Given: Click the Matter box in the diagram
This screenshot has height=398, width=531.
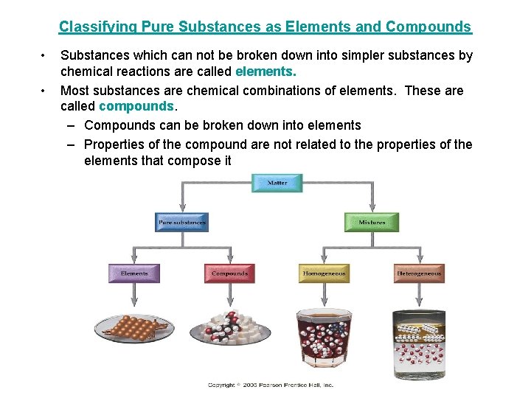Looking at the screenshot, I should point(277,183).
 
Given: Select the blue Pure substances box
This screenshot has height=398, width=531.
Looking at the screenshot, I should point(182,222).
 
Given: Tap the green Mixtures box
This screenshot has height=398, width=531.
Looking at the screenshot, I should point(372,222).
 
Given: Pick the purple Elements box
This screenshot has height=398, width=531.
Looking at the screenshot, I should point(134,273).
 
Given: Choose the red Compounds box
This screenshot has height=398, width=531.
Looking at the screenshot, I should point(229,273).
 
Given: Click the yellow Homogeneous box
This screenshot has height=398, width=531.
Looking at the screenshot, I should point(324,273).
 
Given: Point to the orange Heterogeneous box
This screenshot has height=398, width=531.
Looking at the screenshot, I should point(419,273).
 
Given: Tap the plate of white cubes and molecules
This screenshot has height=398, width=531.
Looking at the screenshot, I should point(229,332).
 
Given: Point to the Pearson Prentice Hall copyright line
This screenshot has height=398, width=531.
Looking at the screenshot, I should point(271,385).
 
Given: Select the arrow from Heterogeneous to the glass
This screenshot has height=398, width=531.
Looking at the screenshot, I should point(419,295).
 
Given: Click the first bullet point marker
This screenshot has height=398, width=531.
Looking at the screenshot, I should point(45,55).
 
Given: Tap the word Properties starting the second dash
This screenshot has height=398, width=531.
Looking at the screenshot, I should point(115,144).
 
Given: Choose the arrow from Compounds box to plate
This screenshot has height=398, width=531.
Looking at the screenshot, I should point(229,295).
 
